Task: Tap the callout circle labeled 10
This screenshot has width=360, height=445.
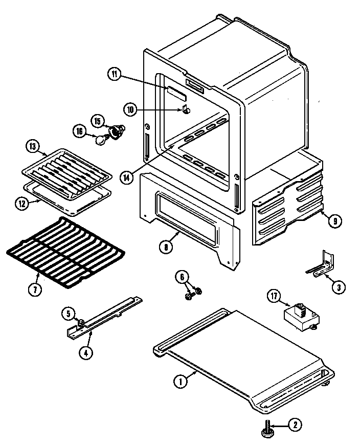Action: pyautogui.click(x=130, y=108)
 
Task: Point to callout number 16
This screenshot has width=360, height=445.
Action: pyautogui.click(x=79, y=131)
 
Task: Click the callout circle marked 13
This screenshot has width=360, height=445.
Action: pyautogui.click(x=32, y=147)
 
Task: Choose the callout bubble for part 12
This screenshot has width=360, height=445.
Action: pyautogui.click(x=21, y=203)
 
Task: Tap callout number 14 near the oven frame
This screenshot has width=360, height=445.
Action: pyautogui.click(x=126, y=177)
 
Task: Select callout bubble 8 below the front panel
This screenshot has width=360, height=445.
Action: pyautogui.click(x=165, y=246)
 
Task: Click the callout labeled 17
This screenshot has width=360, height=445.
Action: pyautogui.click(x=274, y=296)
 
